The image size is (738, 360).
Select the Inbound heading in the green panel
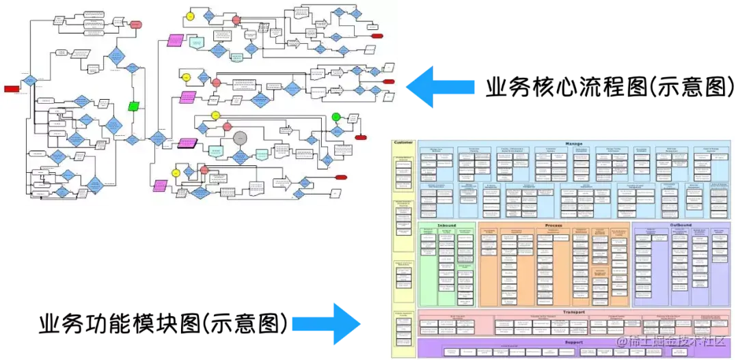[446, 225]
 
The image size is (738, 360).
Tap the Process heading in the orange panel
[553, 225]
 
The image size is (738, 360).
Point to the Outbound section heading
[680, 225]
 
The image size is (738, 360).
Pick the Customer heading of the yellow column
[404, 143]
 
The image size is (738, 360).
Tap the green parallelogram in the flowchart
[134, 106]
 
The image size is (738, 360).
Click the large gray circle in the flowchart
[240, 138]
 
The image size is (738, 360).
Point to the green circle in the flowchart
[336, 117]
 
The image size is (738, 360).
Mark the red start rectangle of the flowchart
[12, 89]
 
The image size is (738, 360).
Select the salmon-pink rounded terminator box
[135, 25]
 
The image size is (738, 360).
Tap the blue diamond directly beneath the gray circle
[240, 157]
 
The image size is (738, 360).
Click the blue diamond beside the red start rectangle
[29, 81]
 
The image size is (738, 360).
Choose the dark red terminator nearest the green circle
[361, 137]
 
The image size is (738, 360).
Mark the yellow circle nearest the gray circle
[215, 115]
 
